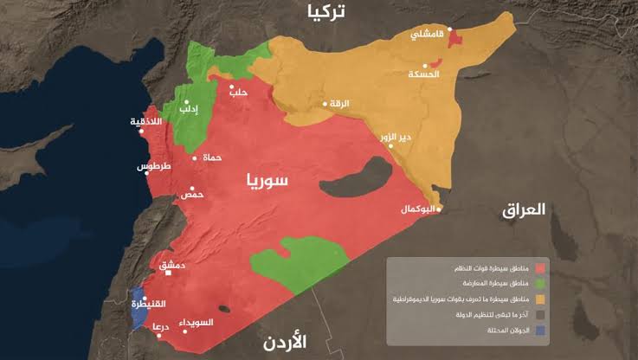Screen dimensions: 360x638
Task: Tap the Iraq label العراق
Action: tap(524, 209)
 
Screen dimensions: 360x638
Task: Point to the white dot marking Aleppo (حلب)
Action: tap(232, 87)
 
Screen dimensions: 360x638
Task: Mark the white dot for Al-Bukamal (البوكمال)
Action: tap(439, 209)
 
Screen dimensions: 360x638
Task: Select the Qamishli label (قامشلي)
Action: tap(428, 35)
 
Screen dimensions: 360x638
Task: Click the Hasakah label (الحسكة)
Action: tap(424, 74)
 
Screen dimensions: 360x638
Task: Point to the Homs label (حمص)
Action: tap(191, 195)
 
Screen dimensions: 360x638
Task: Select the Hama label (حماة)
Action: tap(212, 157)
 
